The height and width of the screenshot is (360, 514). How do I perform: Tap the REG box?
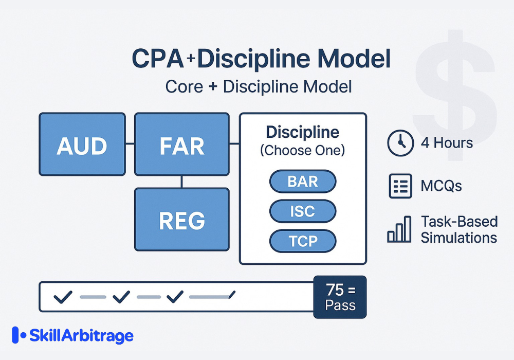click(182, 220)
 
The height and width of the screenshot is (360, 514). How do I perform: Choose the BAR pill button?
click(303, 182)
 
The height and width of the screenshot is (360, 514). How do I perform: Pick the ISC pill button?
click(303, 211)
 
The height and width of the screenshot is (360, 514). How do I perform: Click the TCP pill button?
click(303, 241)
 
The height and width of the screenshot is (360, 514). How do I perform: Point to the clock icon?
click(400, 142)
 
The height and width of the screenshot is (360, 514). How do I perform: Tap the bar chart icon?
click(400, 230)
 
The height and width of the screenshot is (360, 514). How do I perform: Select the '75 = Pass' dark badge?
click(340, 297)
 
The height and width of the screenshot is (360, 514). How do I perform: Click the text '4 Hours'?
click(447, 142)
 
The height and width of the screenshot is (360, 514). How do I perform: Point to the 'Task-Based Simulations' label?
click(459, 229)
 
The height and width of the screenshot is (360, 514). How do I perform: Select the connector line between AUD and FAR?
click(130, 144)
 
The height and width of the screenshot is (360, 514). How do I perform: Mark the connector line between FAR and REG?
click(182, 182)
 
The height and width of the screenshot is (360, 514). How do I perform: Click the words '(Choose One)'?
click(302, 151)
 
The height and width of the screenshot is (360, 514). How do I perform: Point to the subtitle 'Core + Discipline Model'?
click(259, 86)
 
